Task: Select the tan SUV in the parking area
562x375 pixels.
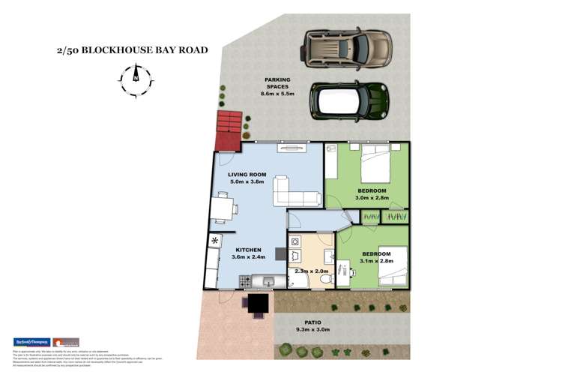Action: pos(347,49)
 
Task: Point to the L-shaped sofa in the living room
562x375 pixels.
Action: pos(296,192)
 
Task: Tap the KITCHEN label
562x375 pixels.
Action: pos(248,250)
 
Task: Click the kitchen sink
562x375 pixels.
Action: pos(268,282)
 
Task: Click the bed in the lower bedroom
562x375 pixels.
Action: pos(393,266)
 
